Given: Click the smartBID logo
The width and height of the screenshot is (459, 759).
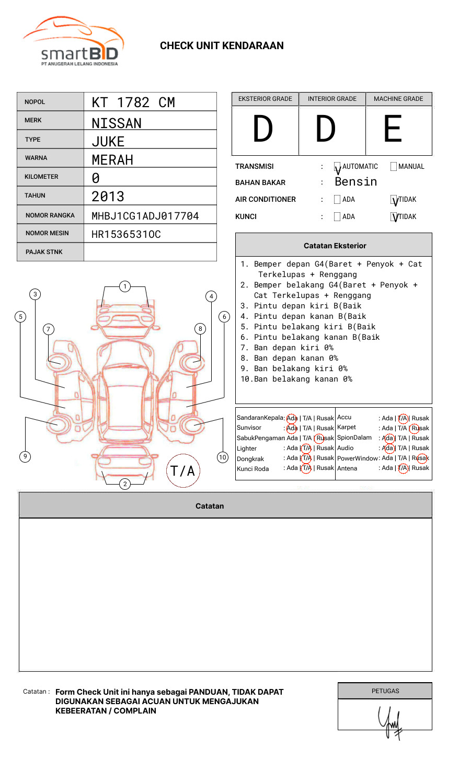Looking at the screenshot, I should click(73, 42).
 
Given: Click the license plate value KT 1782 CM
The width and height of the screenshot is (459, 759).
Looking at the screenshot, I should click(133, 102).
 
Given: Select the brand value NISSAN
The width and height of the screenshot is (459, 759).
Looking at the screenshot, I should click(117, 123).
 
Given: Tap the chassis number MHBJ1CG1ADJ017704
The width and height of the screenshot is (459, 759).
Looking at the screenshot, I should click(145, 216).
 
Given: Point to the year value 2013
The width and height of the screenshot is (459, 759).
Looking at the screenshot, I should click(108, 197).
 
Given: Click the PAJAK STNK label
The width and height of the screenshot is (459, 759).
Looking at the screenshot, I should click(44, 252).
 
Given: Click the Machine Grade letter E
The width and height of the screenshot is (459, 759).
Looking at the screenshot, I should click(393, 130).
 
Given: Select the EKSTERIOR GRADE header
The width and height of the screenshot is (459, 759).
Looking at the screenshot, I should click(265, 99).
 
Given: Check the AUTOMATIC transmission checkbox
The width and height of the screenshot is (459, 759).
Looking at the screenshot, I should click(337, 167).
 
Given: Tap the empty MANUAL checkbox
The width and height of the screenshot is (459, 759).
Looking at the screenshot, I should click(394, 167).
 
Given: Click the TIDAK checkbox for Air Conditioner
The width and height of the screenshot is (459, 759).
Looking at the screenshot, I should click(394, 200).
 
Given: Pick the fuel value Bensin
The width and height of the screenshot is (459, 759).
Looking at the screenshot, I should click(355, 182).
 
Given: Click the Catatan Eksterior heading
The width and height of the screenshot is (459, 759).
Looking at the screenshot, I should click(335, 246).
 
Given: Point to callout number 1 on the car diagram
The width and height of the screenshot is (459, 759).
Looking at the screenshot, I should click(124, 286).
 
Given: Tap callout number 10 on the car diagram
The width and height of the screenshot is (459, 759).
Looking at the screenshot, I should click(223, 457).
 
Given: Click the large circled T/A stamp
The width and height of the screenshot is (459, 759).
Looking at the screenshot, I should click(183, 470).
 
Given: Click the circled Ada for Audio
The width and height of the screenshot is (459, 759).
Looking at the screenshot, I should click(388, 448).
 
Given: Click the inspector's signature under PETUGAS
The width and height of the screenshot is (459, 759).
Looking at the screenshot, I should click(389, 721).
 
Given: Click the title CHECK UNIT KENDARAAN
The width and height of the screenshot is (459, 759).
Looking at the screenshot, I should click(222, 46).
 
